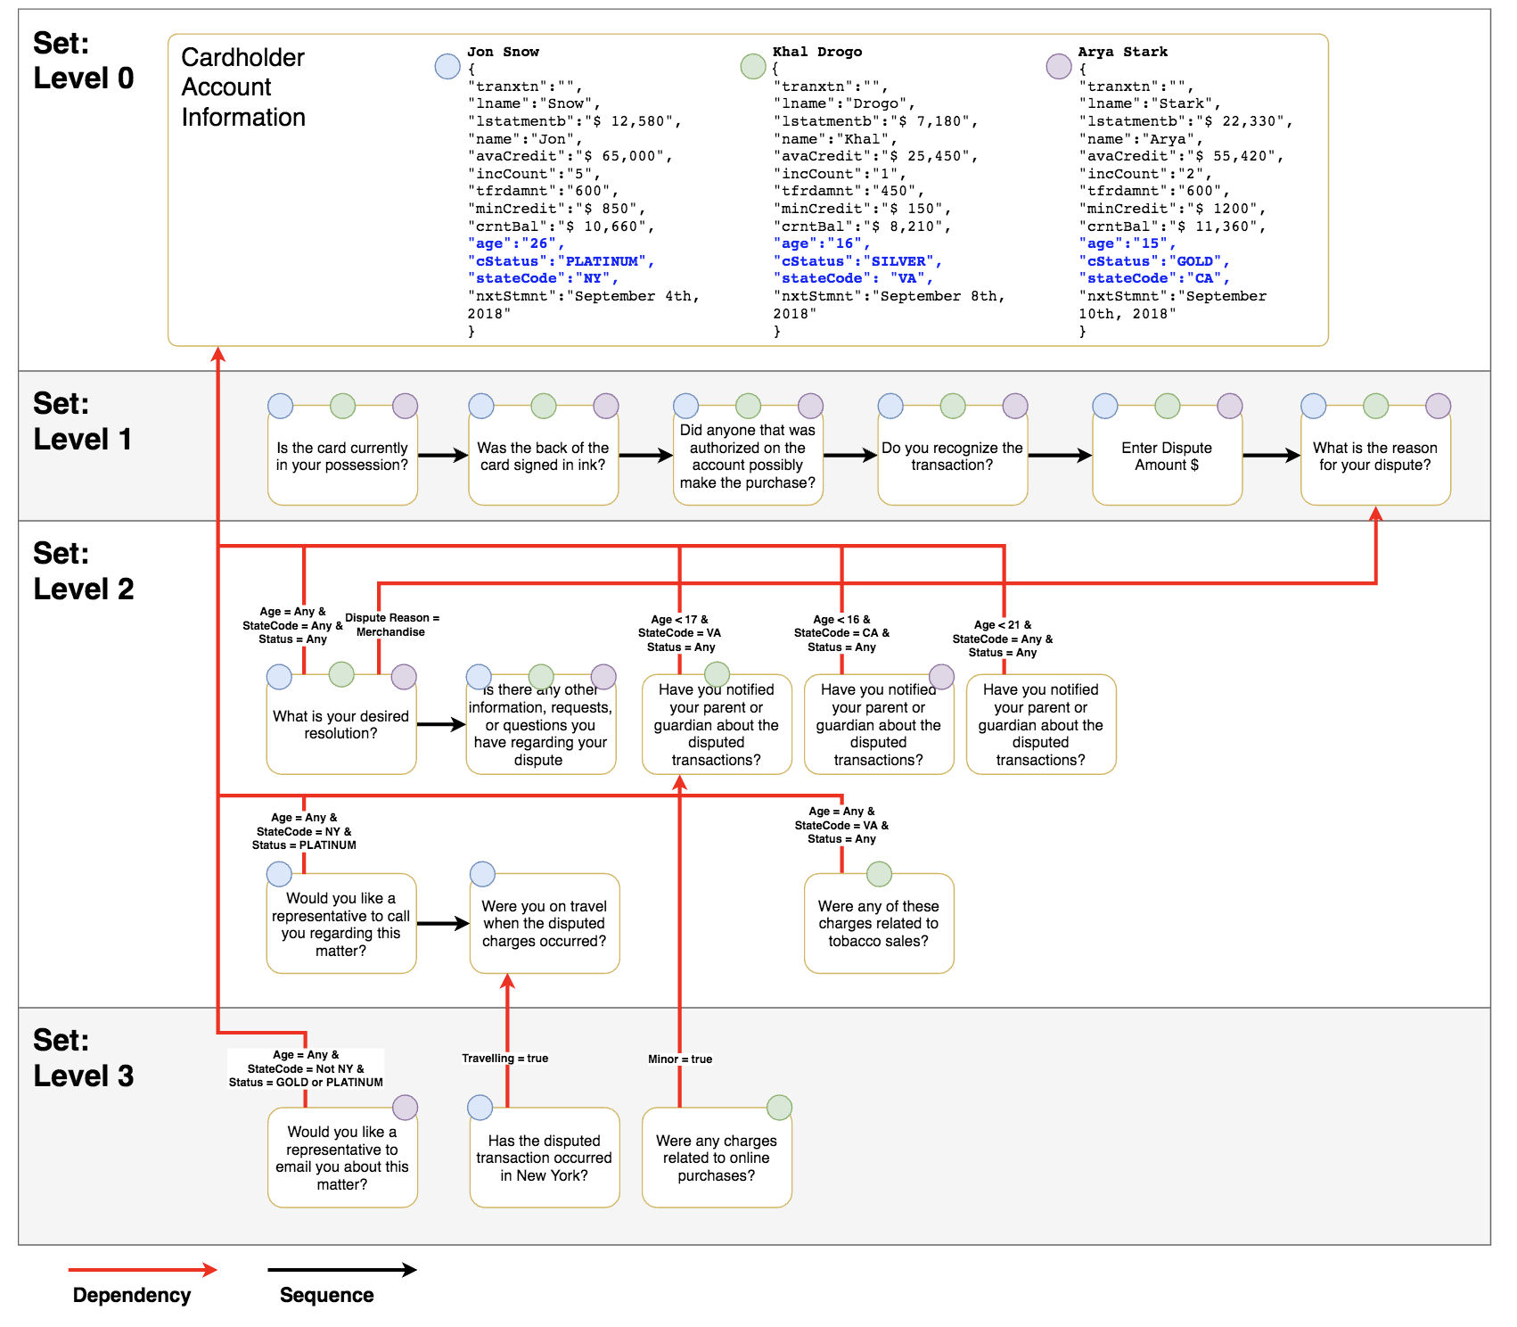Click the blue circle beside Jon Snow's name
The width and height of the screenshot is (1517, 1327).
(447, 66)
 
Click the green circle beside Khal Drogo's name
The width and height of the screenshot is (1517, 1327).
(753, 66)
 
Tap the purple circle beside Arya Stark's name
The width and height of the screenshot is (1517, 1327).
(1059, 66)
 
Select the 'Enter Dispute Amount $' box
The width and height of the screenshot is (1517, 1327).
(1167, 456)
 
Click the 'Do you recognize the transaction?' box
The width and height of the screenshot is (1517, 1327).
(952, 456)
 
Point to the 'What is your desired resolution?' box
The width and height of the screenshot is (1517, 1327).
(340, 724)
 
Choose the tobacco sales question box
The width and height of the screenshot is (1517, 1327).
(878, 923)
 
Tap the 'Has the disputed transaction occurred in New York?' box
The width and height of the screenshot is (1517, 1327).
(544, 1158)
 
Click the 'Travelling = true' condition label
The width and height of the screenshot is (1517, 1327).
(504, 1059)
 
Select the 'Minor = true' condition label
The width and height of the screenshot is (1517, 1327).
(679, 1059)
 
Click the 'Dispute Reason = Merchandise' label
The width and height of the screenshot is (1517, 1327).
(391, 624)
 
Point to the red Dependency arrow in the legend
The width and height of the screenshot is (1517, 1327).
(143, 1270)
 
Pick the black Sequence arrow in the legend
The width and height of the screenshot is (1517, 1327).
(341, 1270)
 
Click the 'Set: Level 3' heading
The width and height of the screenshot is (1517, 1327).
(83, 1058)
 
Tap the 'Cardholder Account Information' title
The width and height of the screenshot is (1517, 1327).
(243, 87)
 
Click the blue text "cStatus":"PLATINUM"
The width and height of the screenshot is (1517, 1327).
(561, 261)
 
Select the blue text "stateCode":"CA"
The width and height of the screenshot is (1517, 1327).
(1153, 278)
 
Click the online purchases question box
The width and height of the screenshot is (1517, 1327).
(716, 1158)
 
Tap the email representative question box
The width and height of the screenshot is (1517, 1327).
(341, 1158)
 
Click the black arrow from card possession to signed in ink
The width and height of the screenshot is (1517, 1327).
(443, 456)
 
